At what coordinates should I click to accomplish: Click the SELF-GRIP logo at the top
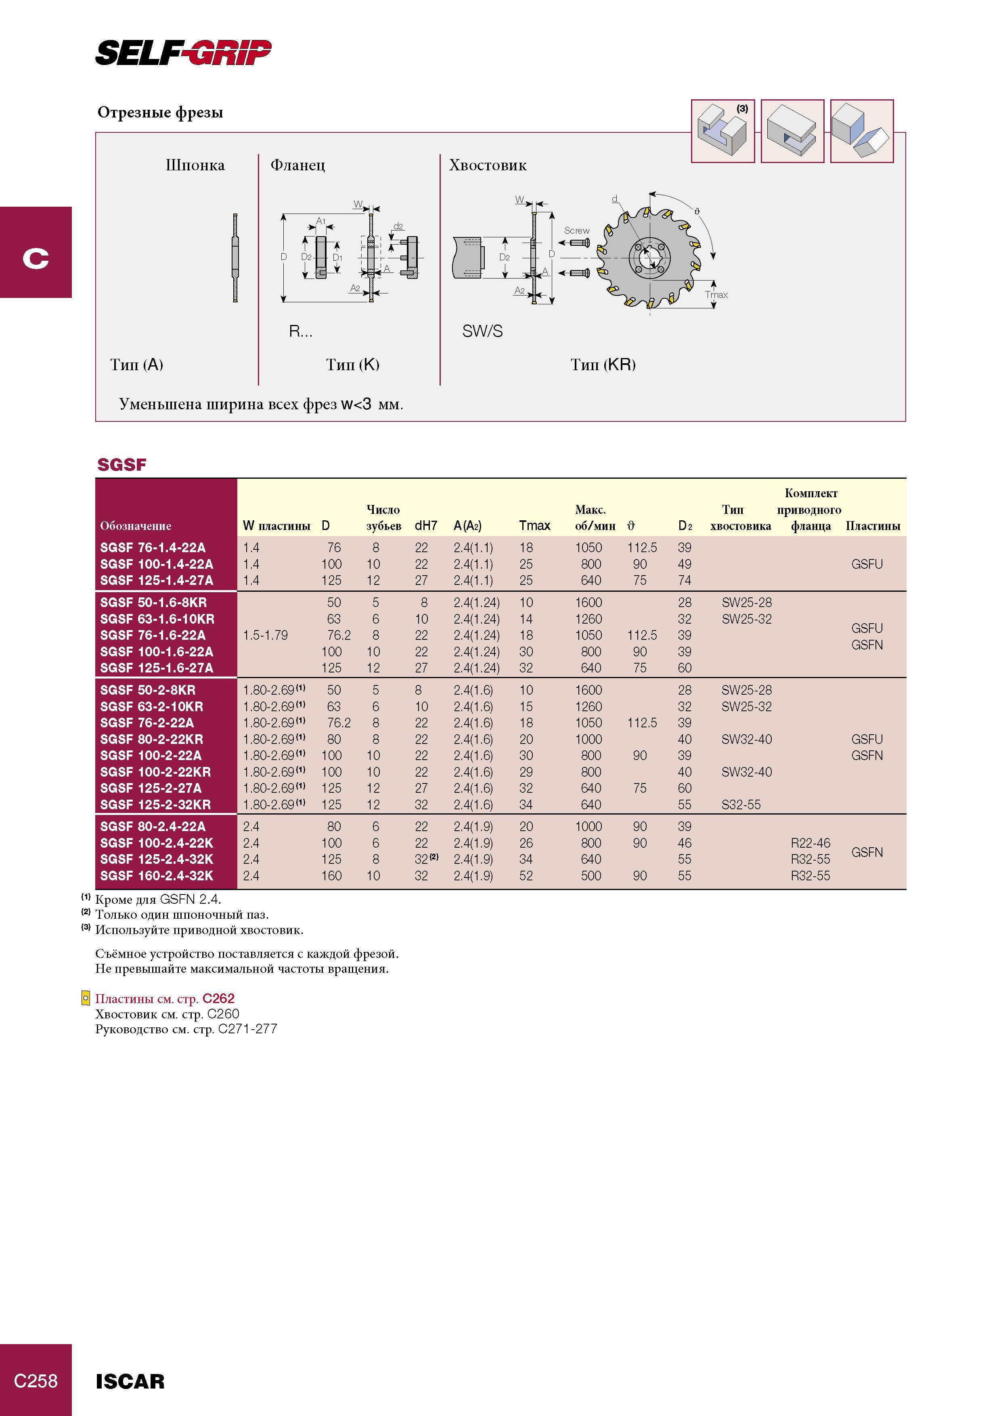coord(183,52)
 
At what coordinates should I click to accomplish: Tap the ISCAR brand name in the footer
coord(130,1381)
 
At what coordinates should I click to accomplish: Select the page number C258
coord(36,1381)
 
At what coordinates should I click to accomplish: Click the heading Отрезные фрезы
coord(160,112)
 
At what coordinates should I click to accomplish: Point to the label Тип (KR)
coord(603,364)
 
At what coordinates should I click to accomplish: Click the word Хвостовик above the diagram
coord(488,165)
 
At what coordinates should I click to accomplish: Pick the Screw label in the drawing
coord(577,230)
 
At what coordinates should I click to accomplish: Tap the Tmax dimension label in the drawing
coord(717,295)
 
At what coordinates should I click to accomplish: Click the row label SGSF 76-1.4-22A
coord(153,548)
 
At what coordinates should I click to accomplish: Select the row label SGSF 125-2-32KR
coord(155,805)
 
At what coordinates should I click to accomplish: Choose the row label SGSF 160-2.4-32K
coord(157,876)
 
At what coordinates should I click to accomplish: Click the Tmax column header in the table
coord(534,526)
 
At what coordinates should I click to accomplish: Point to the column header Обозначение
coord(136,526)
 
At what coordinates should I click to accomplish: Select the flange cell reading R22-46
coord(810,843)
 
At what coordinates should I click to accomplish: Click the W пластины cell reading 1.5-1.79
coord(265,635)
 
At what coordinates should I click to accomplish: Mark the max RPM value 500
coord(591,876)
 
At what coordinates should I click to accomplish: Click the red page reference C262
coord(218,999)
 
